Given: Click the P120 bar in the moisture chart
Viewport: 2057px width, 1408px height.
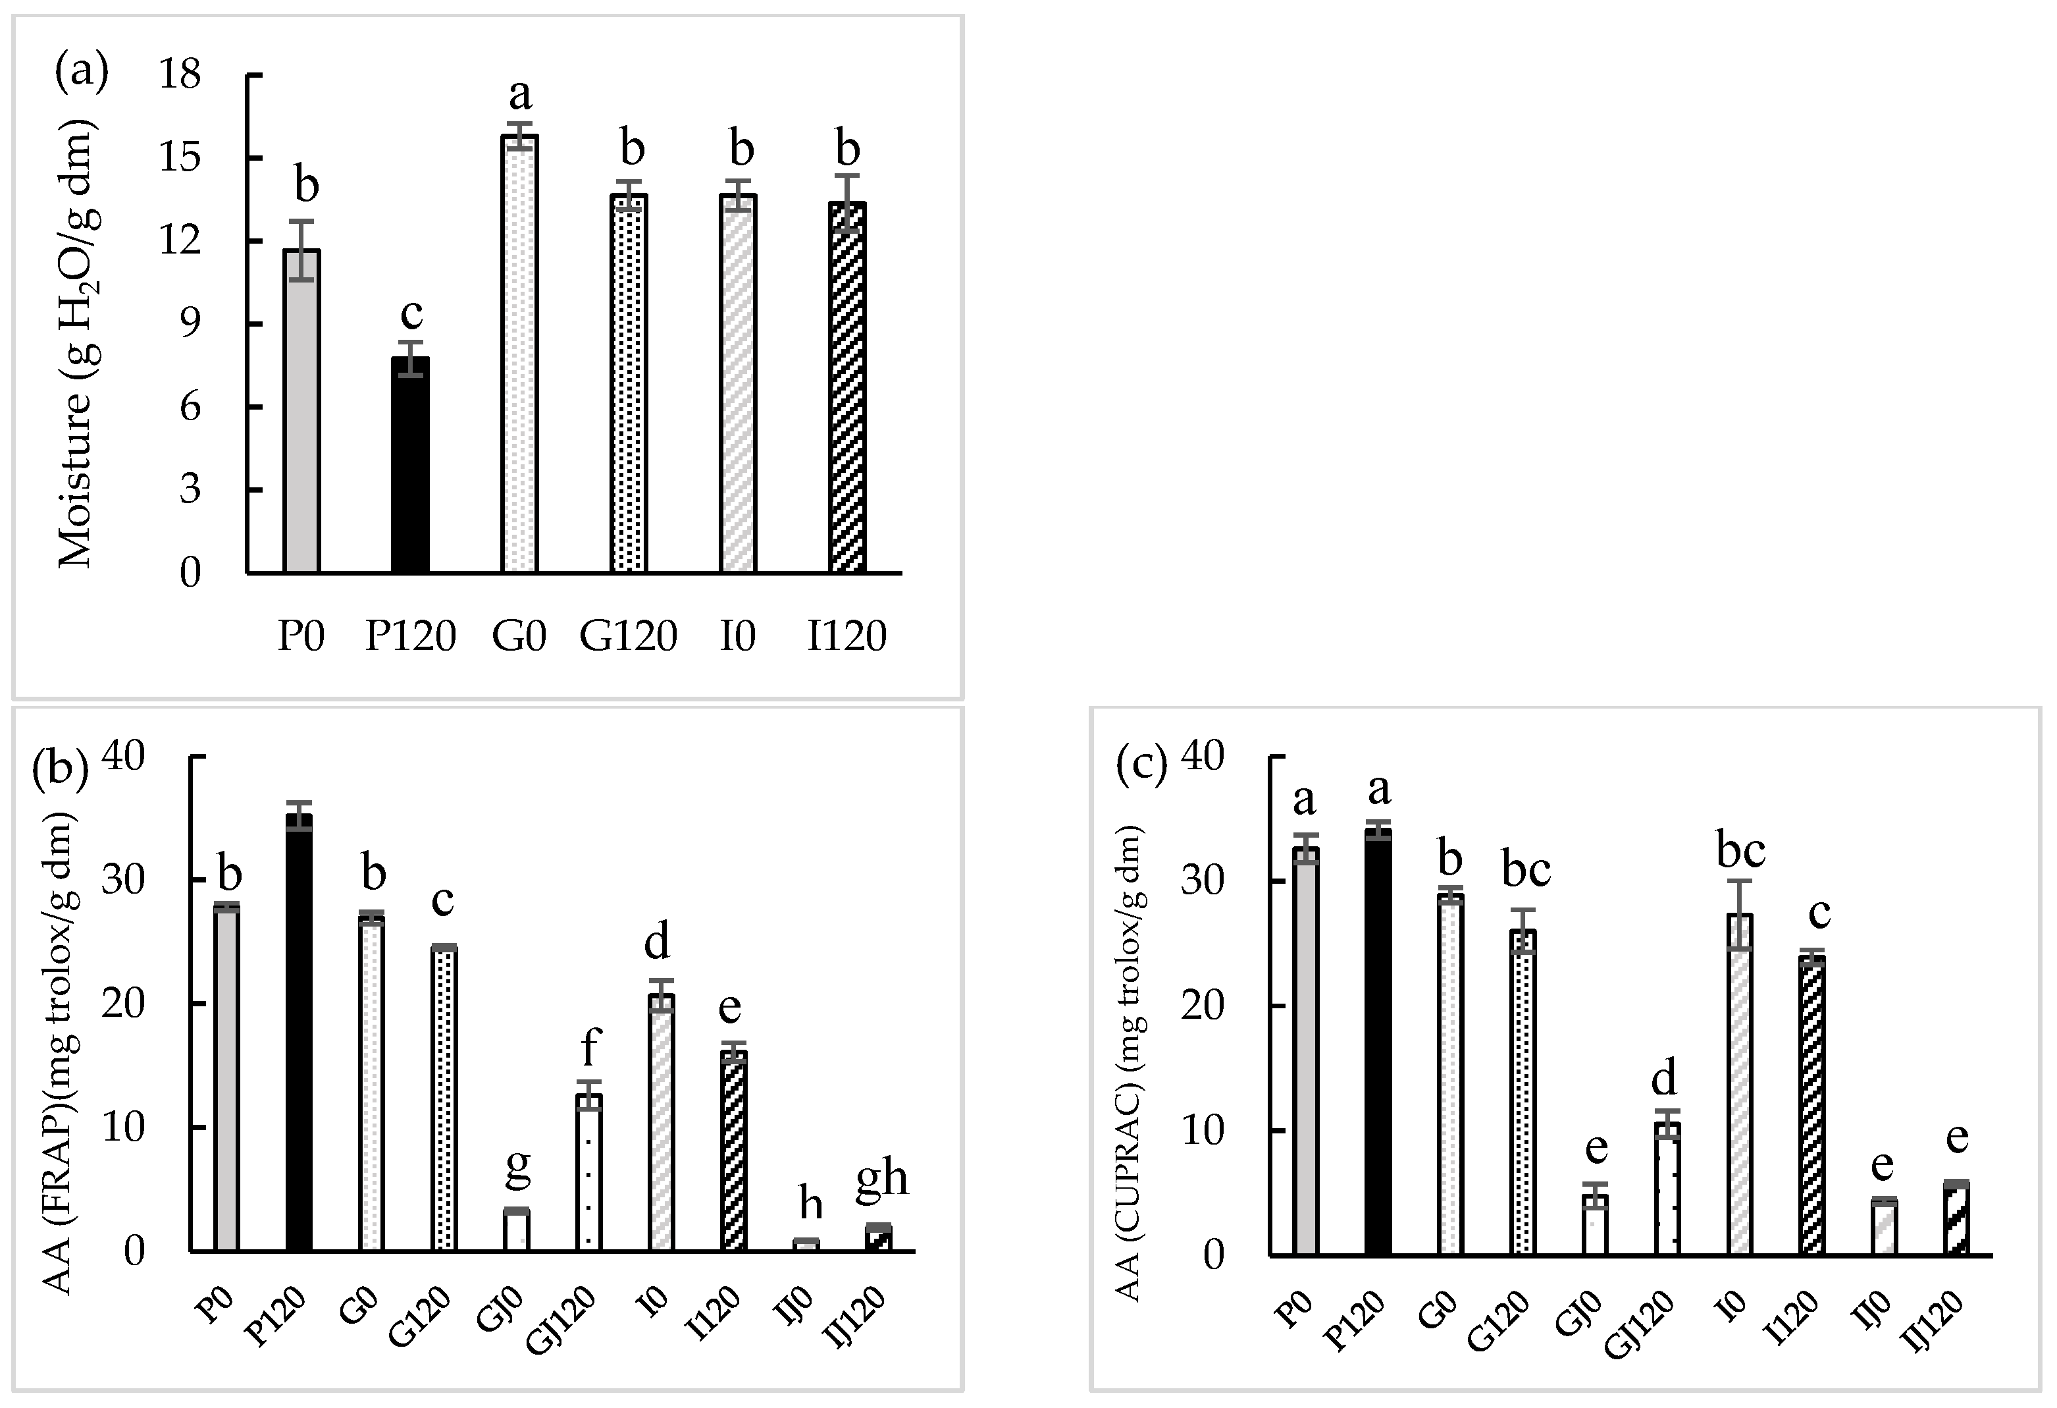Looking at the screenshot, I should pos(411,465).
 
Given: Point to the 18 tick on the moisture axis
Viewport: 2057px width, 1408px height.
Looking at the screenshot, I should pos(180,75).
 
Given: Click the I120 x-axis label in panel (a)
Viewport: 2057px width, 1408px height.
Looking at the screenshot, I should pos(846,636).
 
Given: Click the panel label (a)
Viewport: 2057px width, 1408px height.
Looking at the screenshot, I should pos(82,71).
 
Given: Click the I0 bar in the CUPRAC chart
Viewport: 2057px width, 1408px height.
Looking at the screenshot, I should pos(1739,1085).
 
